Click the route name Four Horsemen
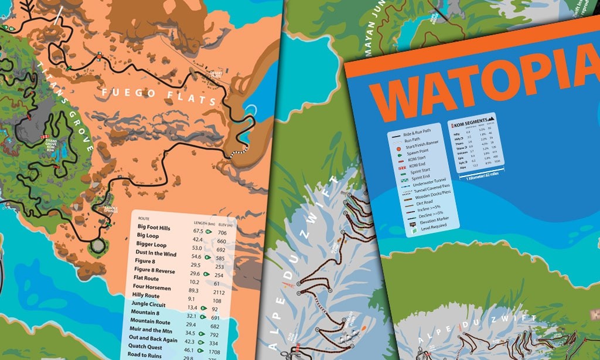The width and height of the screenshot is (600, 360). [154, 287]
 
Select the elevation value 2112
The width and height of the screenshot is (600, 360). [219, 292]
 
